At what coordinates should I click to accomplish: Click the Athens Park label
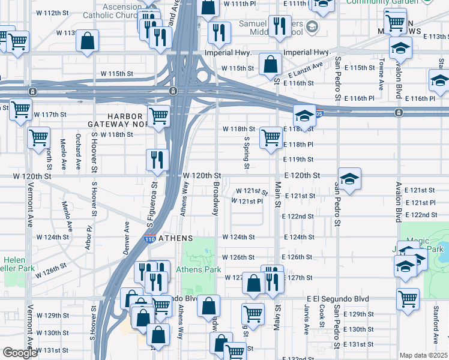(199, 270)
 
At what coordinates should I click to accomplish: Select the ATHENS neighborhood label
(175, 237)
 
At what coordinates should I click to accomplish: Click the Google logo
(20, 353)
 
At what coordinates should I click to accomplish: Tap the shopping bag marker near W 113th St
(88, 41)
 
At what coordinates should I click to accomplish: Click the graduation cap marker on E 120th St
(349, 178)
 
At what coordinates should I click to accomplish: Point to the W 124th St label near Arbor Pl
(52, 237)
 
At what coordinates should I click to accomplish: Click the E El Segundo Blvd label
(336, 298)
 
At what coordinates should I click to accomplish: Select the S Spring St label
(246, 152)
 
